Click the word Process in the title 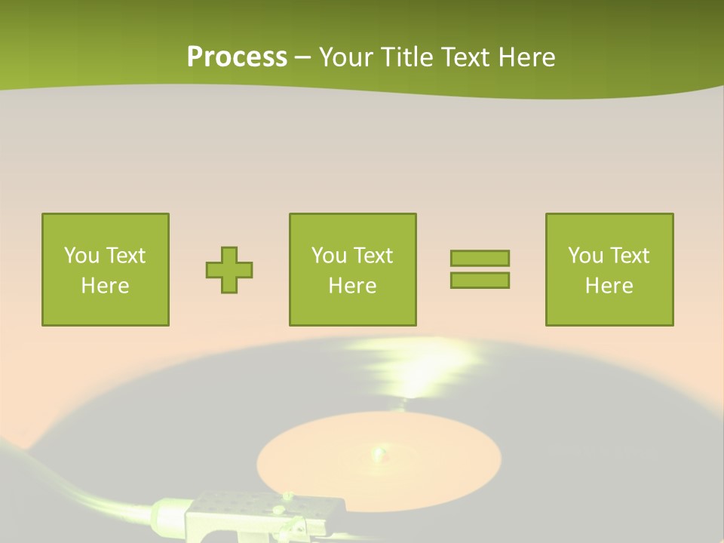[237, 57]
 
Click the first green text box [106, 226]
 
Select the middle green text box [352, 226]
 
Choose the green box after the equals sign [609, 226]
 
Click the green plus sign [229, 269]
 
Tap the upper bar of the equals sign [480, 258]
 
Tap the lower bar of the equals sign [480, 280]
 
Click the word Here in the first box [105, 286]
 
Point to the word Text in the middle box [373, 256]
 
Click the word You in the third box [586, 256]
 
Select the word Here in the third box [609, 286]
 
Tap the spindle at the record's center [377, 452]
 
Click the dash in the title [303, 57]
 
